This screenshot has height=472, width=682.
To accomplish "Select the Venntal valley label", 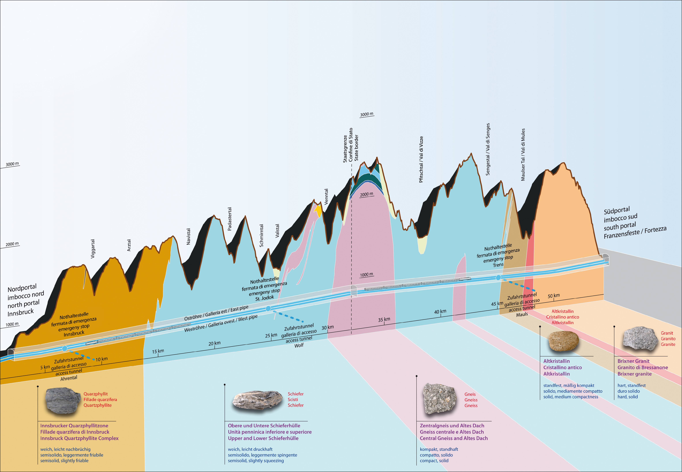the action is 326,197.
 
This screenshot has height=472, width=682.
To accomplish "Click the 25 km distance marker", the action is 271,335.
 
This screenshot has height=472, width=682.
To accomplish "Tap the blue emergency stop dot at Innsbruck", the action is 64,348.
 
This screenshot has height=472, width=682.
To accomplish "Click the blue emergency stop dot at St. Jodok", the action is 268,309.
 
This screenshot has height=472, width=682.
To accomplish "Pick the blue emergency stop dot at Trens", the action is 498,277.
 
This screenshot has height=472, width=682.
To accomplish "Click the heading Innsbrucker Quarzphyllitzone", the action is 74,426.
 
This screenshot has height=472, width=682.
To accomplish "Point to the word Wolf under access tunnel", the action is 299,345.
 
